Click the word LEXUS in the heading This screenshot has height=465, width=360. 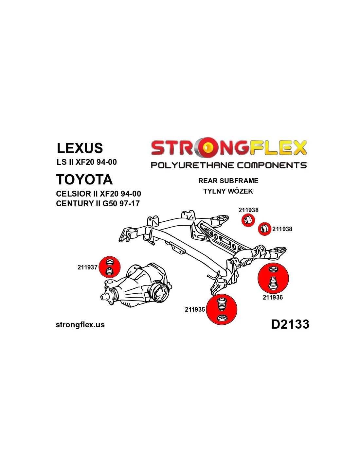coord(80,148)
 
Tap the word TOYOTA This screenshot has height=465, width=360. coord(84,180)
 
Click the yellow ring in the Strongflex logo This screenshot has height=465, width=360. coord(207,148)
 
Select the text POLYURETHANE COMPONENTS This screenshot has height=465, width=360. coord(228,165)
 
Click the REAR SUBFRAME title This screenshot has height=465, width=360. coord(228,181)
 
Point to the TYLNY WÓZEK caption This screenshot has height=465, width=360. coord(228,191)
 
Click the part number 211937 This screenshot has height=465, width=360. coord(87,267)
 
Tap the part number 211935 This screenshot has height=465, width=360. coord(195,309)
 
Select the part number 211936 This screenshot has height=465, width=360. coord(273,297)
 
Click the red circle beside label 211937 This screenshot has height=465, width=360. coord(109,267)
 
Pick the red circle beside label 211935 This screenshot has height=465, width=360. coord(222,309)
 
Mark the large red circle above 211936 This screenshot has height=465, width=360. coord(273,278)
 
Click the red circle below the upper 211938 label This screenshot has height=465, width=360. coord(248,220)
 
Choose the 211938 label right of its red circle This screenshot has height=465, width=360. coord(282,229)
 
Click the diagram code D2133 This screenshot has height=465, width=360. coord(290,324)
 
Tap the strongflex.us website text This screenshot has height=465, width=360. coord(80,325)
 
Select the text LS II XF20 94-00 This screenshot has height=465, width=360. coord(87,162)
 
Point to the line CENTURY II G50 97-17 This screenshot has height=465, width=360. coord(98,204)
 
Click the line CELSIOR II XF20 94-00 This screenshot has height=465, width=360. coord(99,194)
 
